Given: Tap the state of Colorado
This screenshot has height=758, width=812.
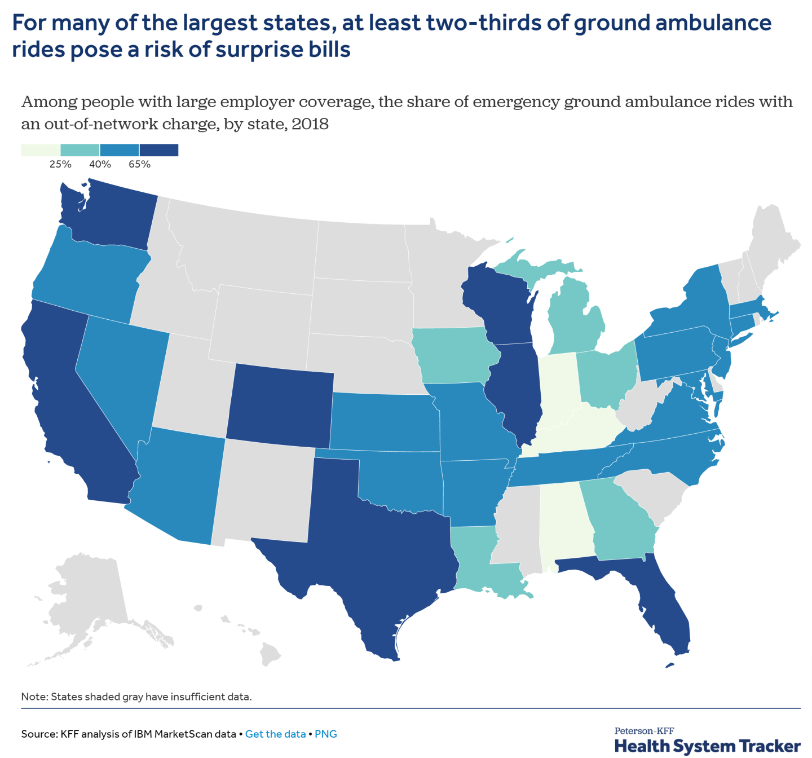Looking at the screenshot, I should pyautogui.click(x=279, y=403).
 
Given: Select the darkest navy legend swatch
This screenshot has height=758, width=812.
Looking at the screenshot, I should pyautogui.click(x=159, y=150).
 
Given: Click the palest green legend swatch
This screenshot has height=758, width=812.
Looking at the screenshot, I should pyautogui.click(x=40, y=150).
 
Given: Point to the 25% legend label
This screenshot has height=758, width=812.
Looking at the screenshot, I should pyautogui.click(x=60, y=165).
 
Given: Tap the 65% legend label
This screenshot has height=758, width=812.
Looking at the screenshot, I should pyautogui.click(x=139, y=165).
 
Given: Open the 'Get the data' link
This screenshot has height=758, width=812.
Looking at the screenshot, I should pyautogui.click(x=275, y=734).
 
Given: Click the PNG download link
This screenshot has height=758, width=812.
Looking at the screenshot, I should pyautogui.click(x=326, y=734).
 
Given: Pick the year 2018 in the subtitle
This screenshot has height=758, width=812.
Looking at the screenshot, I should pyautogui.click(x=310, y=124).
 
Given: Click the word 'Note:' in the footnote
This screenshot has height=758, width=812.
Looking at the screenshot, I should pyautogui.click(x=34, y=697).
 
